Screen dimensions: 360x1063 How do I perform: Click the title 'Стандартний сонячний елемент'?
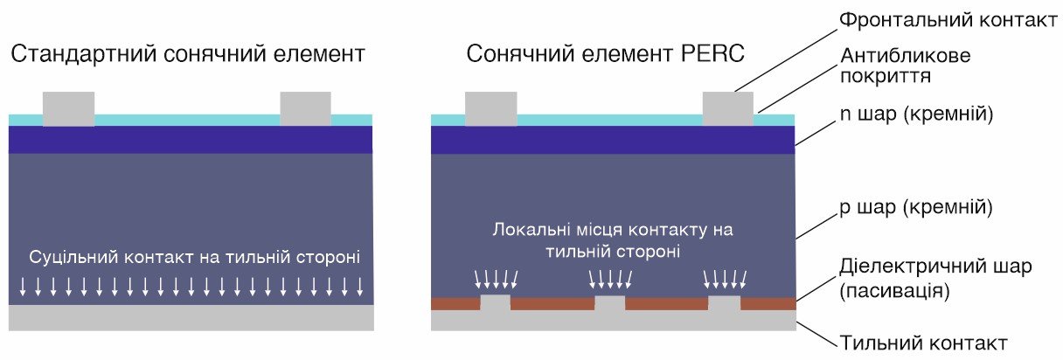click(x=188, y=55)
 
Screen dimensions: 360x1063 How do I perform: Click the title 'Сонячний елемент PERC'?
click(x=605, y=55)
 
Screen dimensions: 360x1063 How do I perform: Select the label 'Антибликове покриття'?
click(x=905, y=66)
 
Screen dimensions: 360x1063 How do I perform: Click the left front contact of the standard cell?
click(x=68, y=108)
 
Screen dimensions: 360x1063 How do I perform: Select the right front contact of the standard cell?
click(x=305, y=108)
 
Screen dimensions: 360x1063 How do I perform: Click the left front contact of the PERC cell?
click(x=490, y=108)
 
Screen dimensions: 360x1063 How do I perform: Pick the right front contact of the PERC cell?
click(x=728, y=108)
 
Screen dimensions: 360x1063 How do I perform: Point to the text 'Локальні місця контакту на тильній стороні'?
click(x=613, y=241)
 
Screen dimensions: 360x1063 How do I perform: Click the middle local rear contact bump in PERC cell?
click(x=610, y=303)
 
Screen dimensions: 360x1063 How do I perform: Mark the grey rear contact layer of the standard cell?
click(x=191, y=317)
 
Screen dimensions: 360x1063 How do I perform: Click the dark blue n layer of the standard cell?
click(x=191, y=139)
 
